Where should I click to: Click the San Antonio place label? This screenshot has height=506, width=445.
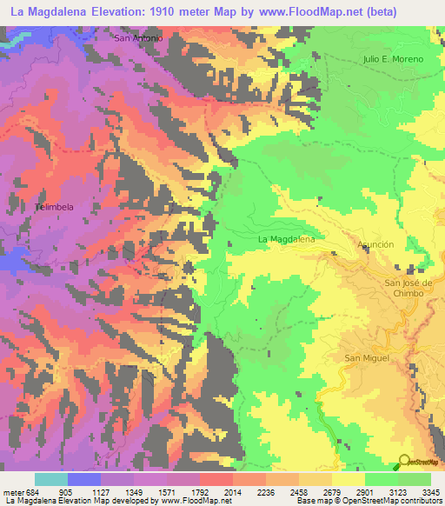click(138, 38)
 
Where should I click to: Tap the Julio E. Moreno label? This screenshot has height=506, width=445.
click(393, 59)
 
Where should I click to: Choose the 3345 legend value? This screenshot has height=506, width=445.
click(429, 491)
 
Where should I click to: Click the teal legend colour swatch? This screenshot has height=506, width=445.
click(51, 479)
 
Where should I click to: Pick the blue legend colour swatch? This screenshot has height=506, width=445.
click(84, 479)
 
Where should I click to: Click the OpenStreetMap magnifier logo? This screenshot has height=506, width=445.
click(404, 461)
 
